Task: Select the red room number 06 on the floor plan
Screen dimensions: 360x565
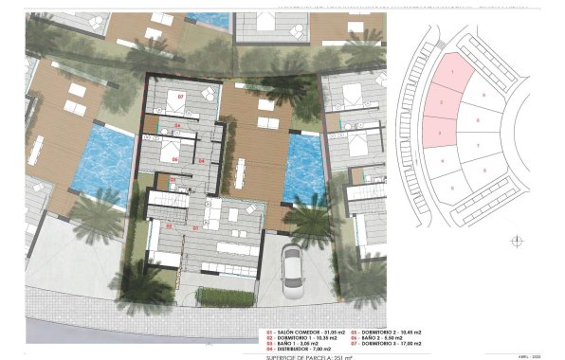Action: coord(175,159)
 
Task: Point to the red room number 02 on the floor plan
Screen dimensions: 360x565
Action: coord(170,226)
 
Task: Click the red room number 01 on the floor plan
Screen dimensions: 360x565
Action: coord(196,229)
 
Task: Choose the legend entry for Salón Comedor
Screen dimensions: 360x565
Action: coord(301,332)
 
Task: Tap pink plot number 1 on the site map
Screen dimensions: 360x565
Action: coord(454,71)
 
